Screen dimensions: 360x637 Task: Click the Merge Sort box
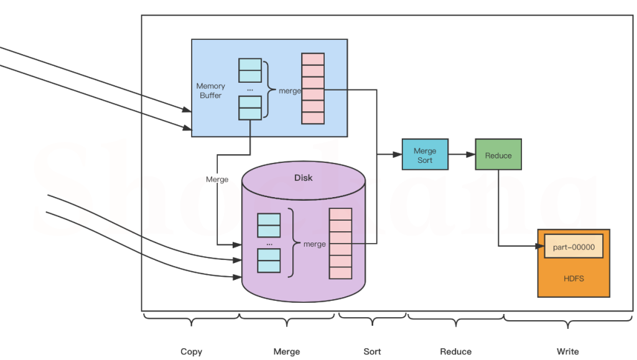click(425, 155)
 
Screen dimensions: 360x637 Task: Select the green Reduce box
click(498, 155)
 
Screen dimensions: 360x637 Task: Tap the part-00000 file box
click(574, 247)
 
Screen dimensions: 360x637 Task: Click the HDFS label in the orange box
click(574, 278)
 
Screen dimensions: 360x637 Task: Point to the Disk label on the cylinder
click(303, 178)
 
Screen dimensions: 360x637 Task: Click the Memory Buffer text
click(211, 91)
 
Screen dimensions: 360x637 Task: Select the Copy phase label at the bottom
click(191, 351)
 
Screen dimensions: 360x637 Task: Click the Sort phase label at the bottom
click(372, 351)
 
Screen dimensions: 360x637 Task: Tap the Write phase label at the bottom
click(567, 351)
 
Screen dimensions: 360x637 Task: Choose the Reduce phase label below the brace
click(455, 351)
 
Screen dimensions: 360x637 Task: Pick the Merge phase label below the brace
click(286, 351)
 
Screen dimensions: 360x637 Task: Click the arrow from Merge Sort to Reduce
click(462, 155)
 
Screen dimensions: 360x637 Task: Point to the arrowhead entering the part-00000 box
click(540, 246)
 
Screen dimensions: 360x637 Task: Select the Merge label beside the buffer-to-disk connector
click(217, 179)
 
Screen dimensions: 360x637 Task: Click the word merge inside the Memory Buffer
click(290, 91)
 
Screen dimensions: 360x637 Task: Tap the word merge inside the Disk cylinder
click(314, 244)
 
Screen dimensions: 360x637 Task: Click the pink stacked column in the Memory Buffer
click(313, 88)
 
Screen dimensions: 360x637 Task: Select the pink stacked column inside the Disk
click(340, 243)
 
